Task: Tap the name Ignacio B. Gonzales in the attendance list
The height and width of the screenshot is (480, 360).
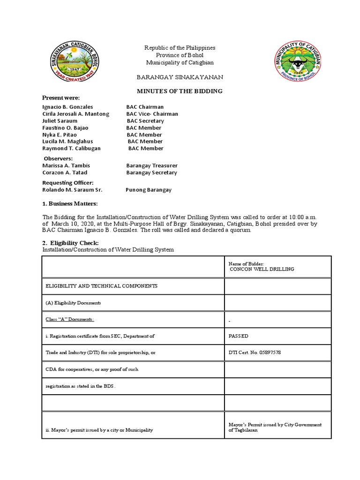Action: pyautogui.click(x=67, y=107)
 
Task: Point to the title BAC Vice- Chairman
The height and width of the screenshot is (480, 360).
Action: pyautogui.click(x=152, y=114)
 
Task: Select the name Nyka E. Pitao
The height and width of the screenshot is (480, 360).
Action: pyautogui.click(x=60, y=135)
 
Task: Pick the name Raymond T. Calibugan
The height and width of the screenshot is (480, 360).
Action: pyautogui.click(x=71, y=148)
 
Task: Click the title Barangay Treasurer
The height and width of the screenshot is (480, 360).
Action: pyautogui.click(x=152, y=165)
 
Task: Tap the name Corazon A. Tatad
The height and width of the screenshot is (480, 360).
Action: pyautogui.click(x=65, y=172)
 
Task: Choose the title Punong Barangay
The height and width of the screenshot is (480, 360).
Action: pyautogui.click(x=149, y=190)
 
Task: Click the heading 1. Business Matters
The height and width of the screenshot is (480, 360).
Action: pyautogui.click(x=70, y=204)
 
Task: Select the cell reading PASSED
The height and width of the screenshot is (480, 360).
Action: pyautogui.click(x=239, y=336)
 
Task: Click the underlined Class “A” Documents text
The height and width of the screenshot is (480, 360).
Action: pyautogui.click(x=69, y=319)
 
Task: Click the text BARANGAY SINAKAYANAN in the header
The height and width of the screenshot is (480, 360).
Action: pyautogui.click(x=180, y=77)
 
